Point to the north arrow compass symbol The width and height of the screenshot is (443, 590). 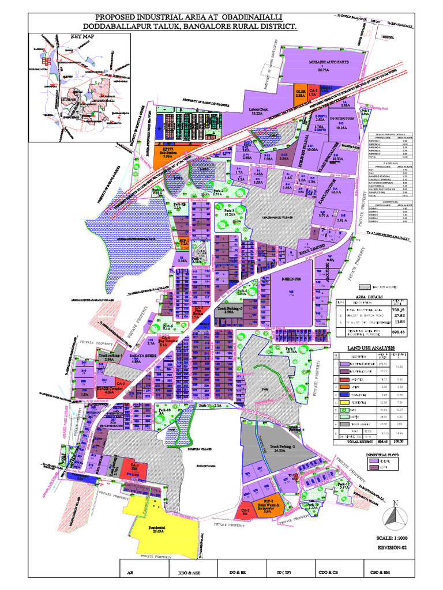point(396,515)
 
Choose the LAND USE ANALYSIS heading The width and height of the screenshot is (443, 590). point(370,349)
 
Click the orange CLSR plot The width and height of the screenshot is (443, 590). point(300,93)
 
